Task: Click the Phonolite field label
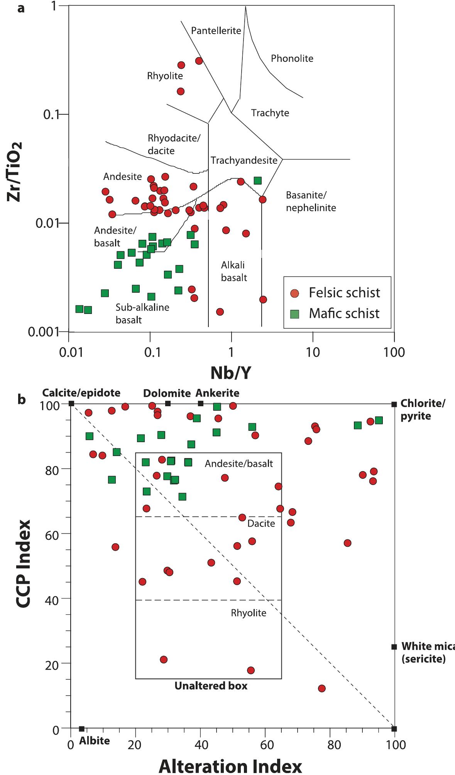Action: [292, 59]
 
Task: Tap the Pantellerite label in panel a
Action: [216, 31]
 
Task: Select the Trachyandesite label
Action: [244, 160]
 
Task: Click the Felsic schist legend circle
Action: [295, 293]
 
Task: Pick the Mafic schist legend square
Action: [295, 313]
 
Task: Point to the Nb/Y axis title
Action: [231, 373]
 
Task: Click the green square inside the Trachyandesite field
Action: [258, 180]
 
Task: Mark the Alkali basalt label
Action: [234, 271]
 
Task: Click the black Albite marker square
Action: [81, 729]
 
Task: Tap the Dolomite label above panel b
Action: [167, 393]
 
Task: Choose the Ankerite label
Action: [217, 393]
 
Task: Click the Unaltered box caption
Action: [211, 686]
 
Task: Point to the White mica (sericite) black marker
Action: [394, 647]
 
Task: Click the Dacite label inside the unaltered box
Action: [261, 524]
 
